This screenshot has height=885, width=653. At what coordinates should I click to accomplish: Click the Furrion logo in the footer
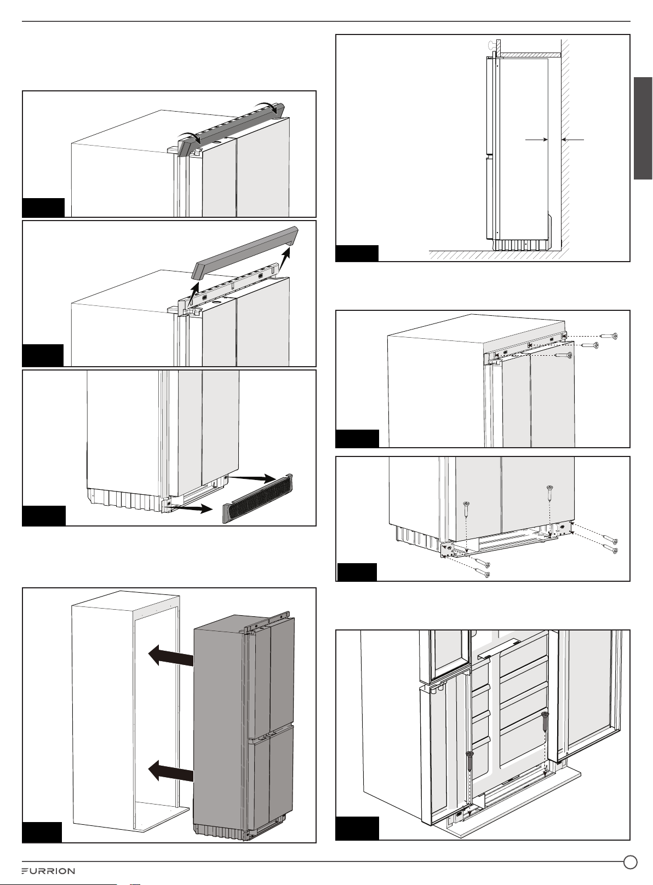click(x=48, y=871)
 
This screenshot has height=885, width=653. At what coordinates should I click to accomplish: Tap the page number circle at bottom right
click(x=631, y=862)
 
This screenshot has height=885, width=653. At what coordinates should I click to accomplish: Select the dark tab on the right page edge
click(x=643, y=128)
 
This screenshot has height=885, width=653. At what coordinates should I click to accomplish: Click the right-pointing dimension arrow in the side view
click(x=536, y=140)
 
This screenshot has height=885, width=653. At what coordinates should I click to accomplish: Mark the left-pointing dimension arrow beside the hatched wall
click(x=572, y=140)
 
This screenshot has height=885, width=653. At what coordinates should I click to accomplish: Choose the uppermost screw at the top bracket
click(x=609, y=336)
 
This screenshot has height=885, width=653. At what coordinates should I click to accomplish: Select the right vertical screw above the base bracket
click(x=549, y=494)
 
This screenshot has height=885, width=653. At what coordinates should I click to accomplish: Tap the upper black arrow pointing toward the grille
click(x=252, y=478)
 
